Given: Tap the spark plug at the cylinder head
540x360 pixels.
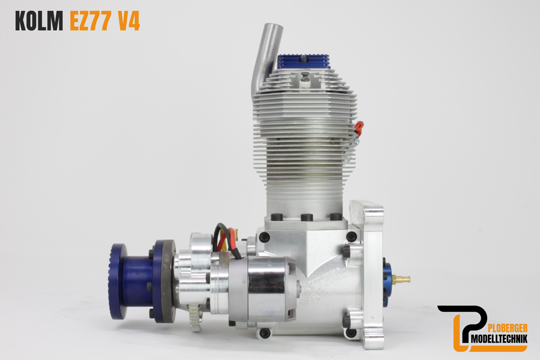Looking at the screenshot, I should coord(305,79).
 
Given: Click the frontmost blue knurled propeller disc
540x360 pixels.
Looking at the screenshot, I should coord(118,281).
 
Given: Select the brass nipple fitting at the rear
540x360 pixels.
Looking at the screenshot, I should coord(403,279).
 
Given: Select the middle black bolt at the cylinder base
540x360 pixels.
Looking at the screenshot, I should coord(307,217).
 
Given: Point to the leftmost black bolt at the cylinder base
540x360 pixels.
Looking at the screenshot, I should coord(277,217).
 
